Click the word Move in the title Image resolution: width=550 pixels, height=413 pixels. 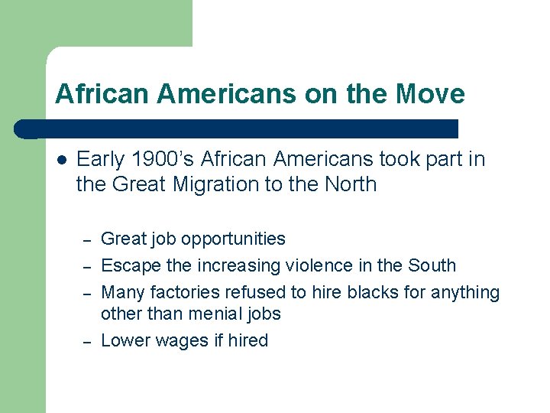point(431,94)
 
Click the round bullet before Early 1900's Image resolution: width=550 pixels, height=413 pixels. point(61,160)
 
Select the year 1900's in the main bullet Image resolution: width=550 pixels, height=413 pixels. point(159,159)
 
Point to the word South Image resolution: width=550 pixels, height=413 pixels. point(432,266)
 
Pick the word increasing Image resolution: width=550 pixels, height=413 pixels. point(238,266)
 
